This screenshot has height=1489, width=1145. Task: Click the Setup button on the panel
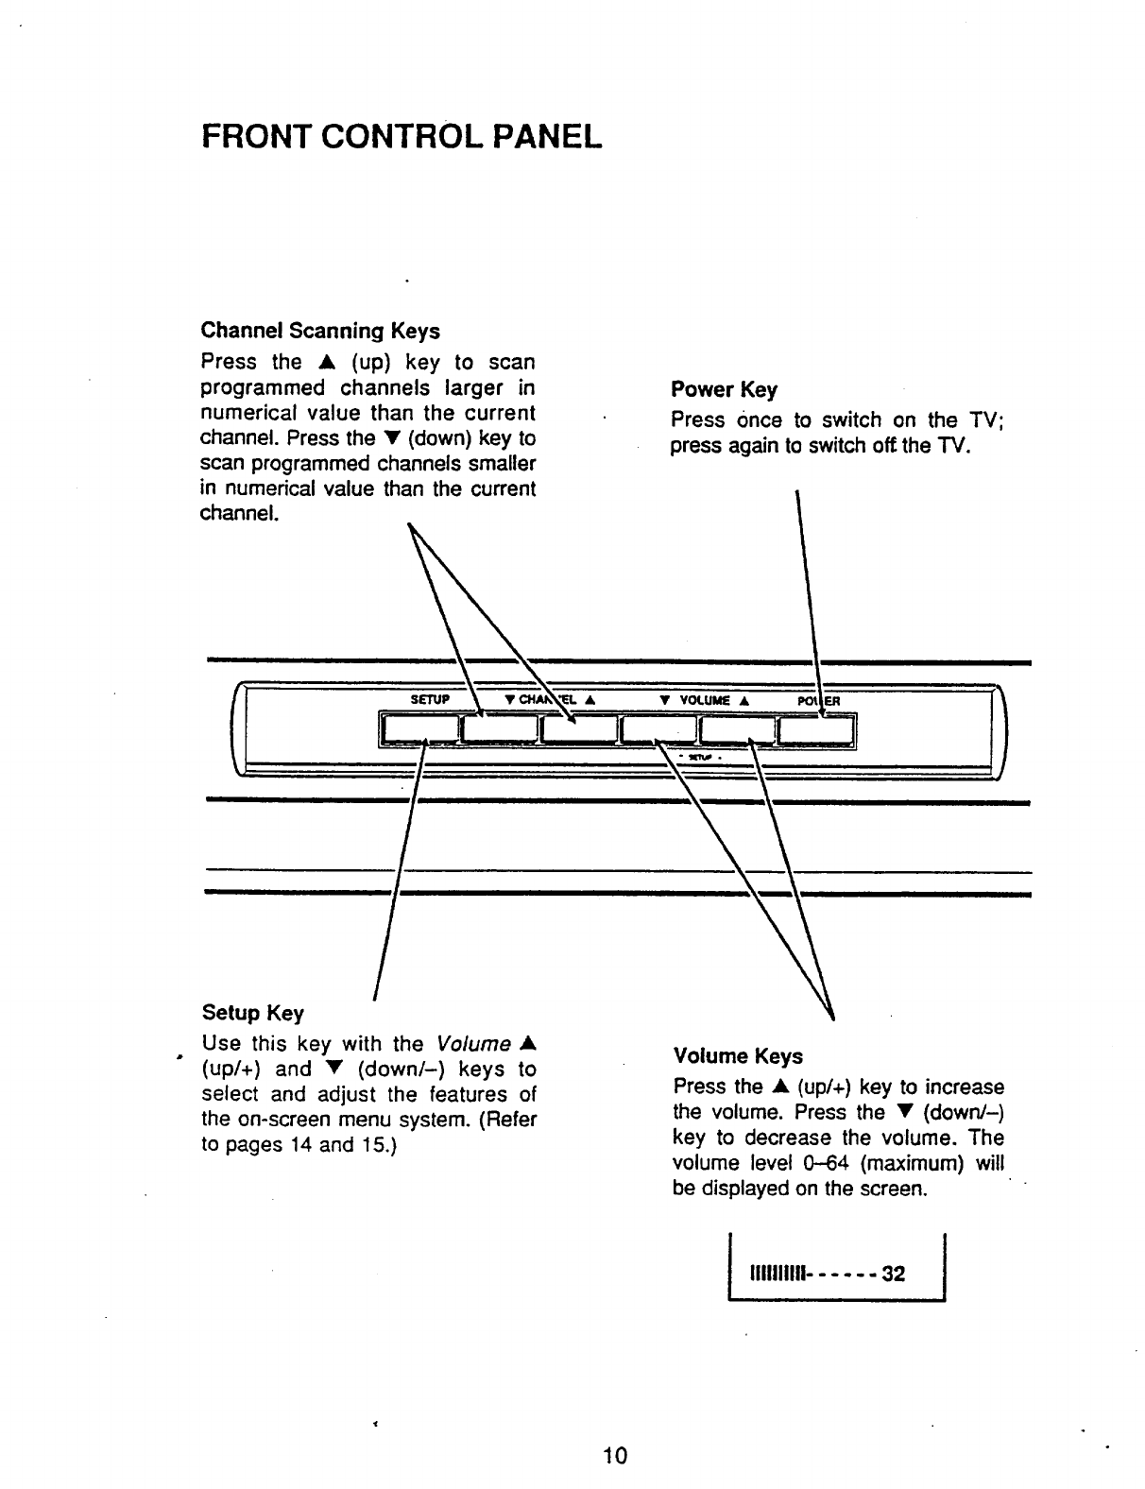(x=419, y=730)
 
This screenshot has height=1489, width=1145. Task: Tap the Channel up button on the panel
(x=578, y=730)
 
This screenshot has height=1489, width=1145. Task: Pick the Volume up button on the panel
(x=738, y=730)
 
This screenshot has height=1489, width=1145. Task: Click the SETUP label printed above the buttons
(x=428, y=700)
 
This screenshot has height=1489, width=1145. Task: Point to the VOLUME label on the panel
(x=704, y=700)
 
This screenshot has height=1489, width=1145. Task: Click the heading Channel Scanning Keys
(x=320, y=332)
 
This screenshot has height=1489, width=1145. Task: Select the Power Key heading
(x=724, y=390)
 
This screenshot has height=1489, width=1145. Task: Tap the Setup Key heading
(x=253, y=1014)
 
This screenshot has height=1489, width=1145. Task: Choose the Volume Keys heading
(x=737, y=1056)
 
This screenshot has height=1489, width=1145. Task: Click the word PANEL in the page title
(x=545, y=138)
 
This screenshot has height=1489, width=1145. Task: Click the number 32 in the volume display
(x=893, y=1275)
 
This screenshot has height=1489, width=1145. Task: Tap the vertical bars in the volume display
(x=776, y=1275)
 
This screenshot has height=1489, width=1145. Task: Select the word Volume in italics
(x=473, y=1044)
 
